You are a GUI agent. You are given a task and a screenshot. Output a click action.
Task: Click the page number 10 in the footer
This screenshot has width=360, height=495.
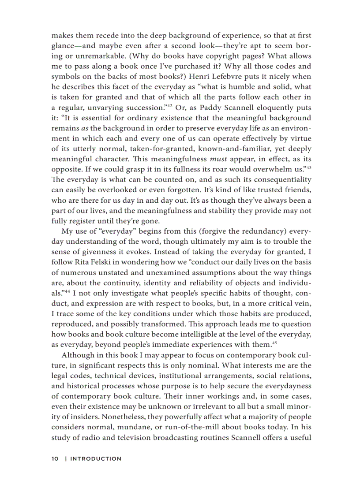(x=55, y=458)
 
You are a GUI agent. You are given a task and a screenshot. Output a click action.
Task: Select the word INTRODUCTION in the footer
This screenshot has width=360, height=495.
(x=96, y=458)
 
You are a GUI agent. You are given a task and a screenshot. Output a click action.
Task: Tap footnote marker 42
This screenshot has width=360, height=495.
(x=169, y=106)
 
